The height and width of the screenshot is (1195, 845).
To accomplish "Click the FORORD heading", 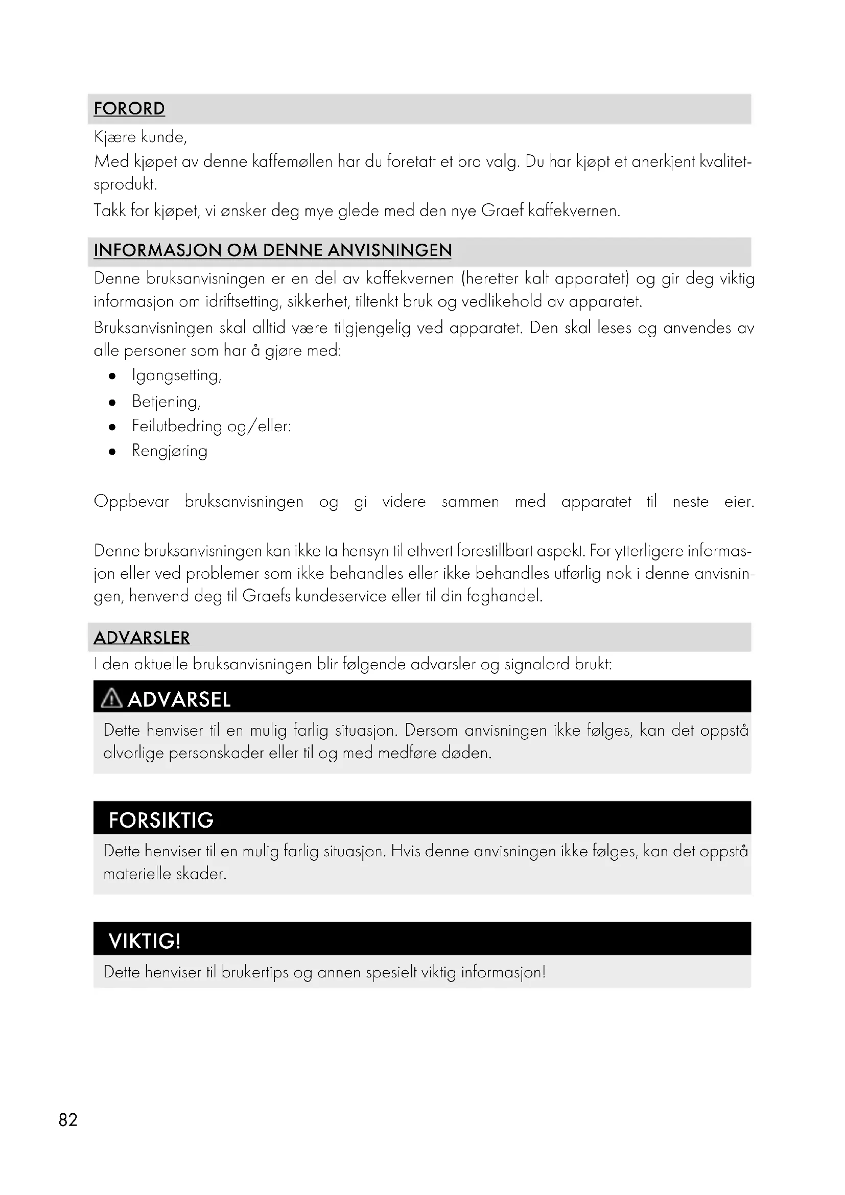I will (x=129, y=109).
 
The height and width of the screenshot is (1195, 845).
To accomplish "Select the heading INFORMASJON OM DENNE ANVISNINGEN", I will (x=273, y=250).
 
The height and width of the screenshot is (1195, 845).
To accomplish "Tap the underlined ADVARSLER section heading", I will (x=142, y=638).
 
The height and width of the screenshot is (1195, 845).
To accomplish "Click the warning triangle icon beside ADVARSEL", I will (x=111, y=698).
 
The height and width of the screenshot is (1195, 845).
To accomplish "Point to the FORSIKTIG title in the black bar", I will (x=161, y=821).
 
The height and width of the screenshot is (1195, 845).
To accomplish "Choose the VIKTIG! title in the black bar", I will (x=145, y=941).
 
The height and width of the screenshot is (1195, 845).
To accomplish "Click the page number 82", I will (x=68, y=1119).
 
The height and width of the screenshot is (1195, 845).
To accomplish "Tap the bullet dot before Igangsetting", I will (x=112, y=377).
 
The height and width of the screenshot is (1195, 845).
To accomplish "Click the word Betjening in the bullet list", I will (x=165, y=401).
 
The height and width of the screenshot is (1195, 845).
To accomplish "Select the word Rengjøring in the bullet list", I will (x=170, y=451).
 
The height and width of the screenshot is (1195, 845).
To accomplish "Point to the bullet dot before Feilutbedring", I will (x=112, y=427).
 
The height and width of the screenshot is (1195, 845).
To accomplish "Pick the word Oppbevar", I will (x=131, y=502).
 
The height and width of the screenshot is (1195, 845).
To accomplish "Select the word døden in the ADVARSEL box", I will (x=466, y=753).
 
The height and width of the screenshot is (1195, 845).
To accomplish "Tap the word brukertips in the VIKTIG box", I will (x=255, y=972).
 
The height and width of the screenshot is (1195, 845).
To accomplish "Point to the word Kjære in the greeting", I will (x=115, y=137).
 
